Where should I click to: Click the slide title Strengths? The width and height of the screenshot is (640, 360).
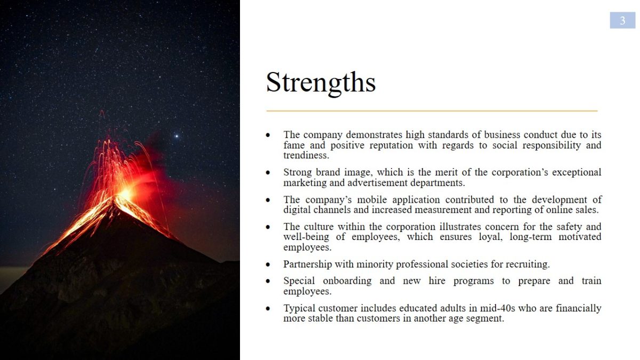pos(321,83)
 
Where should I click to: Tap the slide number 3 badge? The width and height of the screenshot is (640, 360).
pos(622,20)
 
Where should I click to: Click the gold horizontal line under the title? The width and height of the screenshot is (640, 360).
pos(432,111)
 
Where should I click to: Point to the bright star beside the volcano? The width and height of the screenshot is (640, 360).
pos(177,137)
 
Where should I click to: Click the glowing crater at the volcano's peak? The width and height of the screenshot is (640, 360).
pos(126,194)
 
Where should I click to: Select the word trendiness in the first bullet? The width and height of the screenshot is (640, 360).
pos(306,155)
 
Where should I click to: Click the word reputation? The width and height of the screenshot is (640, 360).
pos(391,146)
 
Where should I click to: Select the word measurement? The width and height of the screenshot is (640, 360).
pos(443,210)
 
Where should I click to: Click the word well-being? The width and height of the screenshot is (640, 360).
pos(306,237)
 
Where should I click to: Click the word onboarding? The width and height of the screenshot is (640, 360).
pos(347,281)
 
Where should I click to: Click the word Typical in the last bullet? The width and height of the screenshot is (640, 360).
pos(299,309)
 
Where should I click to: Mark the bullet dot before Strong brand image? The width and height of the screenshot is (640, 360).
pos(268,173)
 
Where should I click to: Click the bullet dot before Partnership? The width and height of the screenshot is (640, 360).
pos(268,265)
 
